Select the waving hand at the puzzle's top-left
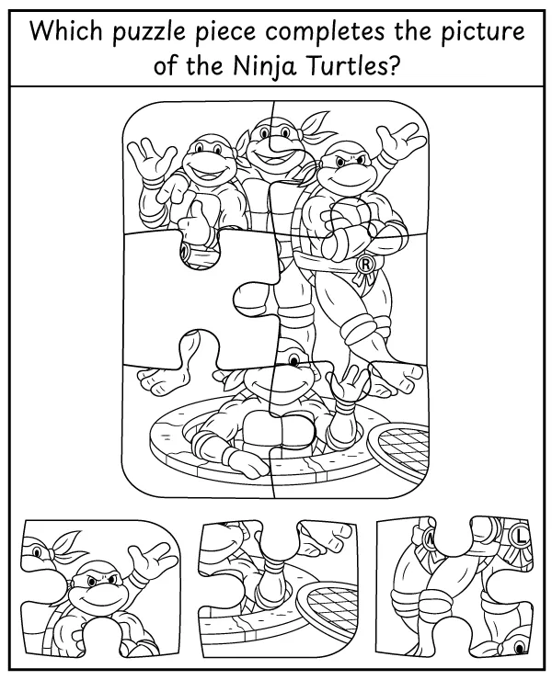pyautogui.click(x=152, y=161)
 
